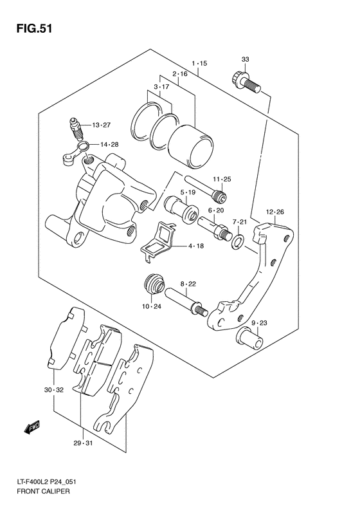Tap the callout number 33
point(245,60)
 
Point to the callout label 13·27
point(100,125)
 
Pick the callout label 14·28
point(101,145)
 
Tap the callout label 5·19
point(188,192)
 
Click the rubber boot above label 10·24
point(152,285)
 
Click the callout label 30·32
point(54,390)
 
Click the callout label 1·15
point(198,64)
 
